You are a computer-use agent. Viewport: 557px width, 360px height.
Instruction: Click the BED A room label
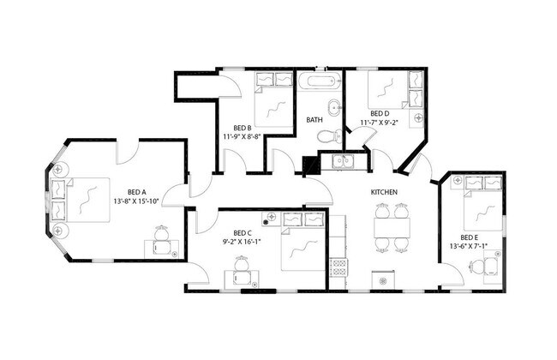pos(136,192)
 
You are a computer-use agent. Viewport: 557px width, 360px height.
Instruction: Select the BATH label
pos(314,119)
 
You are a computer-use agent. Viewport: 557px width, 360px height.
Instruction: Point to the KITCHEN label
pos(382,192)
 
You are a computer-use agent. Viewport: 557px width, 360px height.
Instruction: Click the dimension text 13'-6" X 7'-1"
pos(468,246)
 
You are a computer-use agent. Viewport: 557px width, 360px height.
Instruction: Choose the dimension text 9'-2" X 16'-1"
pos(242,242)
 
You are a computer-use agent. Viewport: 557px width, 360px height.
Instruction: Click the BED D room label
pos(380,113)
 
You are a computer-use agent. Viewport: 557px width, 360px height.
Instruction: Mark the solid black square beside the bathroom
pos(310,165)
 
